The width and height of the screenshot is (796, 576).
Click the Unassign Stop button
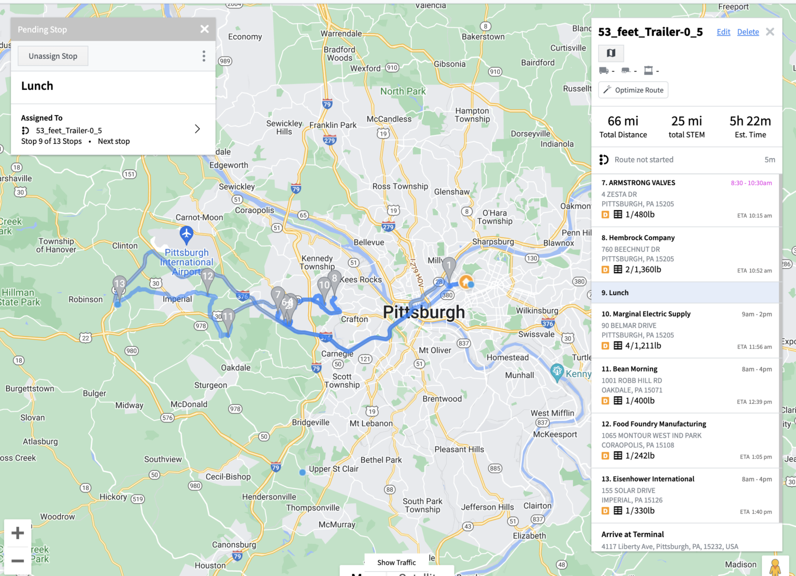coord(53,56)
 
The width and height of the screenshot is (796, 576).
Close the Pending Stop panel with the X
coord(205,29)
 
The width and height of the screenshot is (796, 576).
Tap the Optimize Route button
coord(633,90)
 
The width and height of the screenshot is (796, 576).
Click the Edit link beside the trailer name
coord(723,32)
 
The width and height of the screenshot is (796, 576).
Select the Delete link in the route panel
coord(748,32)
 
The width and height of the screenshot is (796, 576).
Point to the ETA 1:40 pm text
coord(756,512)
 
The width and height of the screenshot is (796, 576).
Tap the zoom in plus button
coord(18,533)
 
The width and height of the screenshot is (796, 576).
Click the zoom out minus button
coord(18,560)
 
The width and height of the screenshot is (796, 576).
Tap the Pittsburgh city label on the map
coord(423,312)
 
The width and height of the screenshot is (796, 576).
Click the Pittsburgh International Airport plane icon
coord(187,234)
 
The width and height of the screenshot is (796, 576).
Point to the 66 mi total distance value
coord(623,121)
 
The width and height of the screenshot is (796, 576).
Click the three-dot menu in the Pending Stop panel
coord(204,56)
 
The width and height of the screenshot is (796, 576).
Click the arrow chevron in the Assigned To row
coord(197,129)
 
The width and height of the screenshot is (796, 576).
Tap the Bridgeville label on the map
coord(310,422)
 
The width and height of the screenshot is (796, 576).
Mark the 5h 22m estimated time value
coord(750,121)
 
